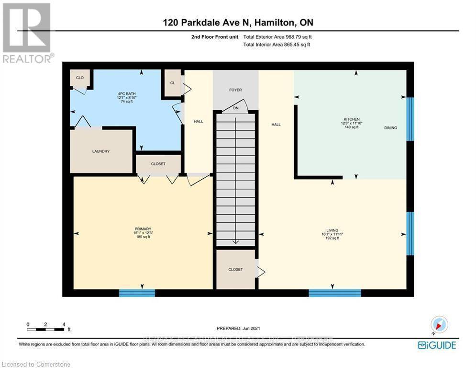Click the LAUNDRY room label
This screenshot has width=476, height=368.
point(101,151)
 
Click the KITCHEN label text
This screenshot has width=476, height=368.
point(351,119)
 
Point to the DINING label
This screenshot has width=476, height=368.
point(390,127)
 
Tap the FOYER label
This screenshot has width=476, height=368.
point(235,90)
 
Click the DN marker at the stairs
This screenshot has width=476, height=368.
point(235,108)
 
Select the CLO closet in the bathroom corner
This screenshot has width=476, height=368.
point(79,77)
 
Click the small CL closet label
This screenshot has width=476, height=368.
point(172,82)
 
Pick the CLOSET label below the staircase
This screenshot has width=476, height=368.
point(235,270)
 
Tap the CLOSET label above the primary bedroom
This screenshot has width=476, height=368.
point(158,164)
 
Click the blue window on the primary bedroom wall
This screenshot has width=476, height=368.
point(137,292)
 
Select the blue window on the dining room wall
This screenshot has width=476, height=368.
point(410,119)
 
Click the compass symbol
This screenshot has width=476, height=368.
point(439,325)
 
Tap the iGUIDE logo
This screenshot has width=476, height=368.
point(436,345)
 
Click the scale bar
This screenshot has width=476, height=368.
point(46,329)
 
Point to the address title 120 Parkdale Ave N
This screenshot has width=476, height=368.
point(237,23)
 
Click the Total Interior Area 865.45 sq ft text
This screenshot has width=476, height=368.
point(277,45)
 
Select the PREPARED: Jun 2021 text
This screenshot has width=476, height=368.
point(237,328)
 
